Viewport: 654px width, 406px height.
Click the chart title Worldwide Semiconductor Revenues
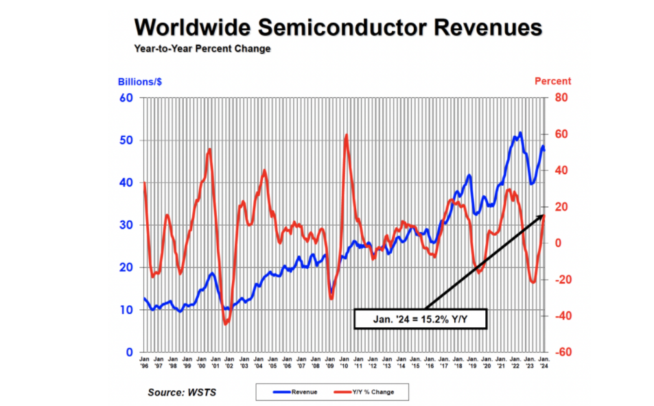338,27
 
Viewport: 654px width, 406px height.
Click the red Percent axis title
552,81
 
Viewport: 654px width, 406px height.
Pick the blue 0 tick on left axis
128,352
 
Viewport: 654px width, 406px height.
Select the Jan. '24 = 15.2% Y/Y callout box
420,318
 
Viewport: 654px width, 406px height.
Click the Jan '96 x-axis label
144,361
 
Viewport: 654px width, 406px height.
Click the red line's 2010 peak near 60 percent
347,135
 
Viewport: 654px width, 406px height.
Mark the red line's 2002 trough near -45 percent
226,324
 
